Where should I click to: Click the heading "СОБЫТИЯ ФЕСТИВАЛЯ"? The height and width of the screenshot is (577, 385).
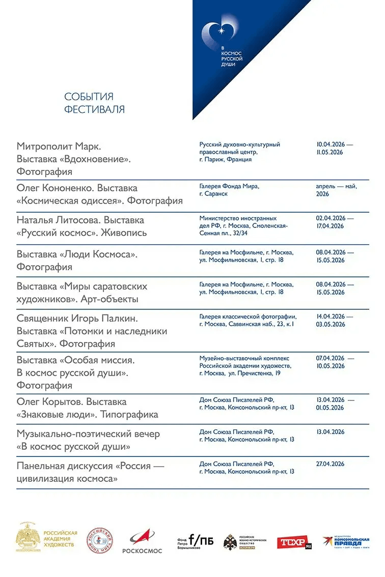[x=94, y=103]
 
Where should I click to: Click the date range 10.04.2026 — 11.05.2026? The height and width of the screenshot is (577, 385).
[x=334, y=148]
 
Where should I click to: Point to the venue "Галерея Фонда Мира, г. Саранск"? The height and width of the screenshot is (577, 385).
[x=229, y=190]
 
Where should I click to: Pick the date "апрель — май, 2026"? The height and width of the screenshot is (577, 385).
[x=336, y=190]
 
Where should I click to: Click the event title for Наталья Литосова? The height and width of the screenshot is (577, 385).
[x=80, y=226]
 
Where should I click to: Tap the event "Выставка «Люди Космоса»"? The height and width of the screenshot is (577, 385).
[x=77, y=260]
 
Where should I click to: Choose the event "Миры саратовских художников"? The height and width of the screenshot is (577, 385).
[x=81, y=293]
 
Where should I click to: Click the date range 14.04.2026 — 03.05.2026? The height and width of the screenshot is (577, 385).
[x=334, y=320]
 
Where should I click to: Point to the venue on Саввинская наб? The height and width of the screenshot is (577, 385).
[x=248, y=320]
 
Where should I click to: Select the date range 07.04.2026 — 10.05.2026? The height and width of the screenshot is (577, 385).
[x=334, y=362]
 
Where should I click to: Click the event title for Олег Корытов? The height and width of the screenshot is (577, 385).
[x=87, y=408]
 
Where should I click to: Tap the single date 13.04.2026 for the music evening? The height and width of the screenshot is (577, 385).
[x=330, y=432]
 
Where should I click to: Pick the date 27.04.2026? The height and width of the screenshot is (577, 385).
[x=330, y=464]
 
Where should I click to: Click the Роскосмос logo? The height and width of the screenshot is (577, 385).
[x=142, y=541]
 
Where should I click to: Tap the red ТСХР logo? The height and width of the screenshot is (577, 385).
[x=294, y=542]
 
